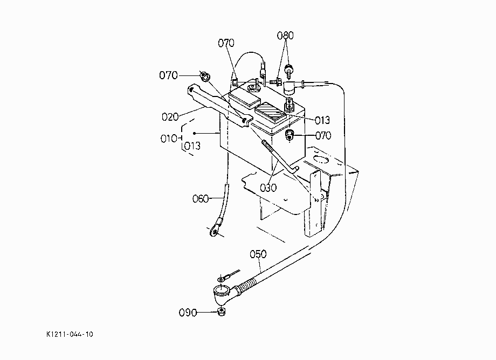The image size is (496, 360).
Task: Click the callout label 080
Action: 285,36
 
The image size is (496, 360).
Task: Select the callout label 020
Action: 170,117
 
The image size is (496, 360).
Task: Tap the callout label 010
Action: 169,139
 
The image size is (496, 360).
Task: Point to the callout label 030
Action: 268,188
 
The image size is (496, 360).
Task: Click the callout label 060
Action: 201,198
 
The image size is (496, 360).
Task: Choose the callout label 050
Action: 258,254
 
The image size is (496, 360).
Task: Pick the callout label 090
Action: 188,313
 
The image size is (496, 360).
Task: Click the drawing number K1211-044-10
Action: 70,334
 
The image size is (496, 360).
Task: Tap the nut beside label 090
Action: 222,312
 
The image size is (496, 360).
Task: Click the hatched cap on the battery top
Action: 271,113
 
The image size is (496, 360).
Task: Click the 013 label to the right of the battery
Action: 322,120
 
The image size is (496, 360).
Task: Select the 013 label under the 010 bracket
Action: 192,146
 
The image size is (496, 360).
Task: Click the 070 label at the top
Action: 226,43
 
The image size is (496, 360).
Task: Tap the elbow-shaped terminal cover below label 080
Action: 289,87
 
